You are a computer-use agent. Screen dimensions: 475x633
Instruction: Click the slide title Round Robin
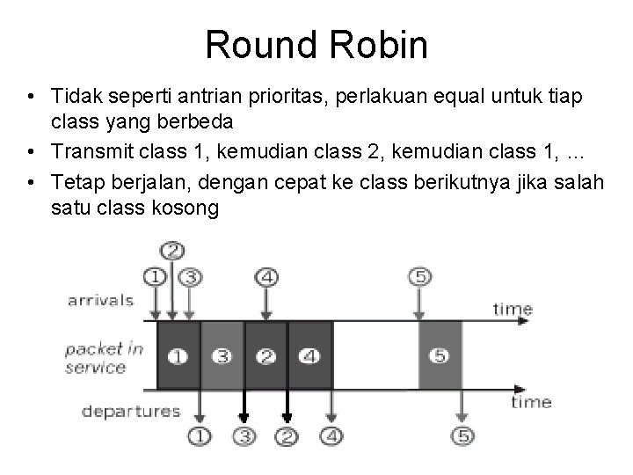tap(316, 44)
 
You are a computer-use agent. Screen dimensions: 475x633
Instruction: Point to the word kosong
tap(181, 209)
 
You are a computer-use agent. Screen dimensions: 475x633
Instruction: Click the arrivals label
tap(100, 300)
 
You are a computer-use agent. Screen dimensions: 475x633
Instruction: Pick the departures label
tap(131, 410)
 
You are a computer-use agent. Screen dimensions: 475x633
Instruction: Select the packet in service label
tap(104, 357)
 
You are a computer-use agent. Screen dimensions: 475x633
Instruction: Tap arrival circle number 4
tap(267, 277)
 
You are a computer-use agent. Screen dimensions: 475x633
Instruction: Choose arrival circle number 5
tap(419, 277)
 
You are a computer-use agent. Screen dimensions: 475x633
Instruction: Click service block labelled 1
tap(178, 356)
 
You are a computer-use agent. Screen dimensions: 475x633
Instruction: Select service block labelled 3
tap(222, 356)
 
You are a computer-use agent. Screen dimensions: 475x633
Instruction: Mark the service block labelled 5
tap(440, 356)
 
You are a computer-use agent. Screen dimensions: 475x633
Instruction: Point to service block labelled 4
tap(309, 356)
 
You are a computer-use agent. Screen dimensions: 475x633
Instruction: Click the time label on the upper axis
tap(513, 308)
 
